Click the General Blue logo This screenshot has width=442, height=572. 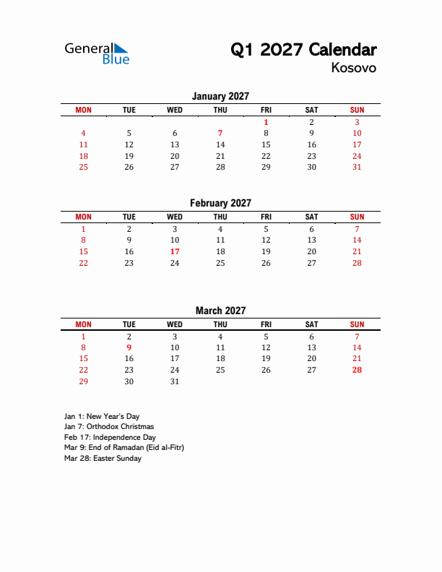(x=97, y=53)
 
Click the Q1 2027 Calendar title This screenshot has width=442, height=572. (x=303, y=50)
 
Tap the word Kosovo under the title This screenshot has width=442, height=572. (x=354, y=68)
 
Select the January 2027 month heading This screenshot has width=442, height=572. (x=220, y=96)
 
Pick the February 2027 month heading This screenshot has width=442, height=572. (x=220, y=203)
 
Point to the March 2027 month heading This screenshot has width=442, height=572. (x=220, y=311)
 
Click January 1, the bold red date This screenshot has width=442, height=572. (x=266, y=122)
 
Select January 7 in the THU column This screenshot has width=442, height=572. (x=220, y=133)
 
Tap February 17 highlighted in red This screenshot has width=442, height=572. (x=175, y=251)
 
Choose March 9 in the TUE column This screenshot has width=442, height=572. (x=129, y=347)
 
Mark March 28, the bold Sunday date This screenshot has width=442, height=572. (x=357, y=370)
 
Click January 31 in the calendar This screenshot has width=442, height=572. (x=357, y=167)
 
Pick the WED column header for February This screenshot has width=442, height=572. (x=175, y=217)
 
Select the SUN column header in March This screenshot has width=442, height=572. (x=357, y=324)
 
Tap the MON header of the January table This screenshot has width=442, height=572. (x=84, y=110)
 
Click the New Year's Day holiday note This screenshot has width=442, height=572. (x=102, y=417)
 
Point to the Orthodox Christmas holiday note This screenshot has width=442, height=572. (x=109, y=427)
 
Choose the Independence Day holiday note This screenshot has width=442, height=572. (x=110, y=438)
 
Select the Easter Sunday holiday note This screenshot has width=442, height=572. (x=103, y=459)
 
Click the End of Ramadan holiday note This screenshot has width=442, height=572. (x=124, y=448)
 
